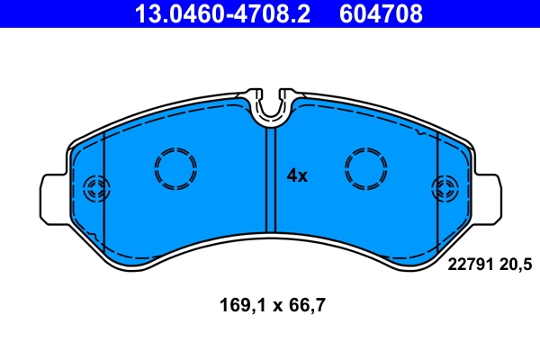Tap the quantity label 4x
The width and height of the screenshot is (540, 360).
[x=297, y=176]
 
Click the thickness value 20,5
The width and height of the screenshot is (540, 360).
[x=517, y=263]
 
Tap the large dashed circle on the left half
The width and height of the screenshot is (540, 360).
[x=175, y=167]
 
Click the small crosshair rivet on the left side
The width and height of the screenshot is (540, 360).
[x=94, y=189]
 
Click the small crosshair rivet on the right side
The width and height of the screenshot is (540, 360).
[x=445, y=189]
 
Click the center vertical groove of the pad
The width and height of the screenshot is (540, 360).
[x=268, y=180]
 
